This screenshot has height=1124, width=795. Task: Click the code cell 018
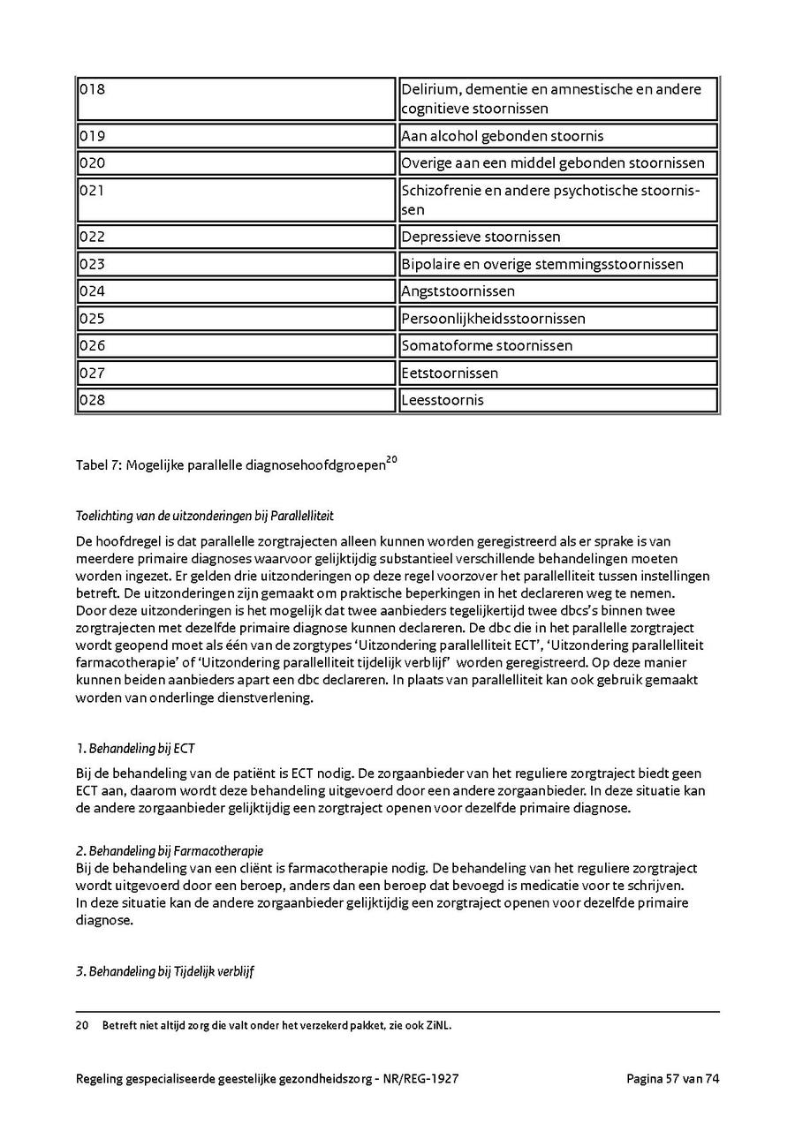[x=92, y=89]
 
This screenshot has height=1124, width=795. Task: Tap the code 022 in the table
[x=92, y=237]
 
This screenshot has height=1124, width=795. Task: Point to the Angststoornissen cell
[x=458, y=291]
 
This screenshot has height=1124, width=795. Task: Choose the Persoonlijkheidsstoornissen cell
[x=493, y=319]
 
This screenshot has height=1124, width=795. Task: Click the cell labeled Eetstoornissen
[x=450, y=373]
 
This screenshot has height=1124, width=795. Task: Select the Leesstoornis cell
[x=443, y=400]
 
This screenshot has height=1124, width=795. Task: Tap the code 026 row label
[x=92, y=345]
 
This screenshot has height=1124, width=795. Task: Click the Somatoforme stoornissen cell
[x=487, y=345]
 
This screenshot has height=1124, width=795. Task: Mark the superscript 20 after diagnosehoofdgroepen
[x=392, y=459]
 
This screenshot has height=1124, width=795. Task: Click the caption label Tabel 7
[x=96, y=465]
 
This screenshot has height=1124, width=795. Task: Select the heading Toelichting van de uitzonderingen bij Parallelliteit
[x=205, y=516]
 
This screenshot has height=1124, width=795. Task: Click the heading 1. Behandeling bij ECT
[x=135, y=749]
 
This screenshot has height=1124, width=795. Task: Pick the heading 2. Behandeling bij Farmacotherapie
[x=170, y=851]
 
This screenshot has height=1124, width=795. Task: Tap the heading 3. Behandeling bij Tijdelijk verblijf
[x=165, y=971]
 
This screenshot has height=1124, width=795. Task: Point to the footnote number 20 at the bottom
[x=82, y=1025]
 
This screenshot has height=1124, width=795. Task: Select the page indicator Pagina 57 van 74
[x=673, y=1078]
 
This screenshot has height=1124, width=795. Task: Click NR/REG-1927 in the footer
[x=423, y=1078]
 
